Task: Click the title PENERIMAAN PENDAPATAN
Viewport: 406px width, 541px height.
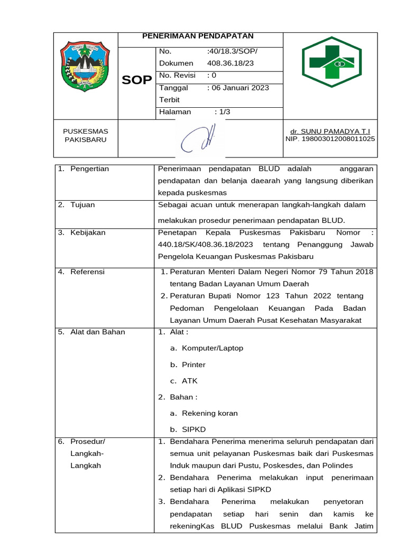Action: coord(198,36)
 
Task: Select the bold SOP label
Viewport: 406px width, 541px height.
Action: coord(137,80)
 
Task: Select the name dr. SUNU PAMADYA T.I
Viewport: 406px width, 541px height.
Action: coord(330,131)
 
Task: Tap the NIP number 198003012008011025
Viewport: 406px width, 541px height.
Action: coord(330,139)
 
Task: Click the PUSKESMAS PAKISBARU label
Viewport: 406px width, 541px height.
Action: coord(85,135)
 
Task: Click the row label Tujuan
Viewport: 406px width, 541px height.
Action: coord(82,205)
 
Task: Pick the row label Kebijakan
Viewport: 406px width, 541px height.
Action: coord(88,232)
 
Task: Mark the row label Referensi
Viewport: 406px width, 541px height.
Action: coord(87,272)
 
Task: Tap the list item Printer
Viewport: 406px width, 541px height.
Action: coord(193,365)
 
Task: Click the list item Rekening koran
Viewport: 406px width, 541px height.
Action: coord(209,413)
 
